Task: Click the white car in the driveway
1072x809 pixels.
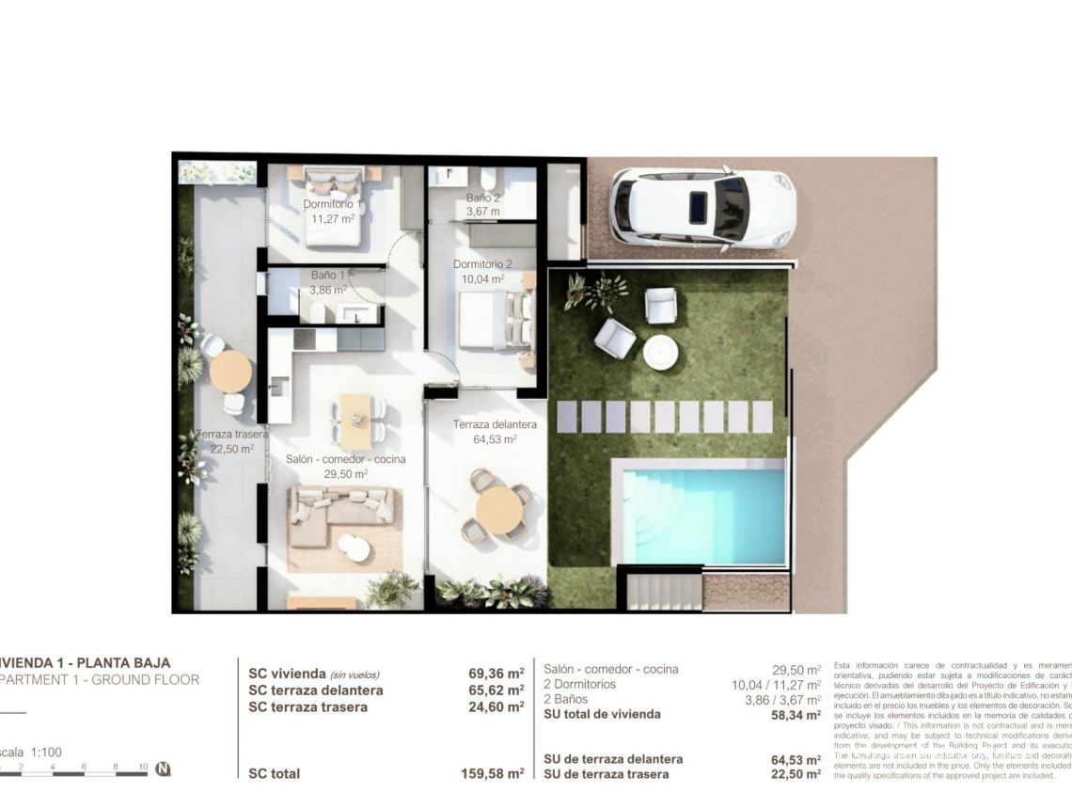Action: [x=702, y=208]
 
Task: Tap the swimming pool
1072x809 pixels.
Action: [x=701, y=514]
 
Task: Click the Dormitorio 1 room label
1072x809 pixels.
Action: [x=331, y=204]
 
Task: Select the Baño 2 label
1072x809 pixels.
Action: [x=483, y=198]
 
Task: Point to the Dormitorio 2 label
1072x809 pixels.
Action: [x=482, y=264]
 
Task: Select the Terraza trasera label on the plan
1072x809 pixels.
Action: [x=231, y=435]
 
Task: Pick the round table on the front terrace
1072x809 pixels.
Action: [x=499, y=509]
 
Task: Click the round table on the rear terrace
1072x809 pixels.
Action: [x=230, y=372]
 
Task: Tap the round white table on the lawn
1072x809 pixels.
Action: [x=661, y=353]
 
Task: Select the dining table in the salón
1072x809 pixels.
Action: [x=356, y=420]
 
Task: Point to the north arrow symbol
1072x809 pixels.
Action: [x=163, y=769]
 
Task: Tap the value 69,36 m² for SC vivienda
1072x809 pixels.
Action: [x=496, y=674]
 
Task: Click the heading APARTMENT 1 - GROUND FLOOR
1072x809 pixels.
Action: [x=99, y=679]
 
